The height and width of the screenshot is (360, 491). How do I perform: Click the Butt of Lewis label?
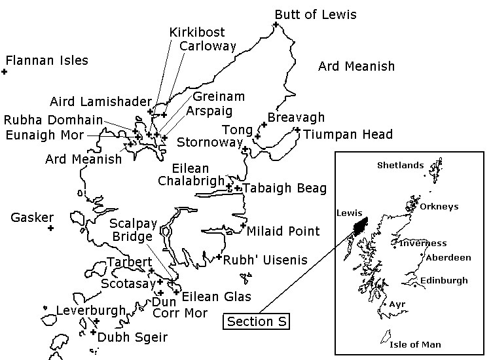tap(316, 14)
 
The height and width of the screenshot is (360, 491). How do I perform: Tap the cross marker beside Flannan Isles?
tap(4, 71)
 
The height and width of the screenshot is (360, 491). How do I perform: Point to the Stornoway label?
tap(207, 142)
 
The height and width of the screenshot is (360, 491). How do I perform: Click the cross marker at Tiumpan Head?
tap(297, 130)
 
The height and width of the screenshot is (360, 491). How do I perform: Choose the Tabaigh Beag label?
tap(285, 189)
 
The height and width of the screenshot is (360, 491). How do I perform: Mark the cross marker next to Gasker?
tap(50, 228)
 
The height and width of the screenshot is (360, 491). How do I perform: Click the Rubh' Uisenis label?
tap(265, 260)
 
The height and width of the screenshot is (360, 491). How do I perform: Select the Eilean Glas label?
tap(216, 297)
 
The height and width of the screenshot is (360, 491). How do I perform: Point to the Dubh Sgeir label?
tap(133, 338)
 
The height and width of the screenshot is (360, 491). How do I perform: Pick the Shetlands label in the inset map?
tap(400, 166)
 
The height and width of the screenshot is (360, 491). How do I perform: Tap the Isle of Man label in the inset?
tap(415, 344)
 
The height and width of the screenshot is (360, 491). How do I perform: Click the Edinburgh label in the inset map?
tap(444, 281)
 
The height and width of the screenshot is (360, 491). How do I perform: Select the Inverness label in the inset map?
tap(423, 243)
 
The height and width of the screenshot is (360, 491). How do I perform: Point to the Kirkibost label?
tap(196, 32)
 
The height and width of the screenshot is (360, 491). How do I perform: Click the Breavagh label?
tap(296, 117)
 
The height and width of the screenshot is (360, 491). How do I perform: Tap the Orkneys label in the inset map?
tap(439, 207)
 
